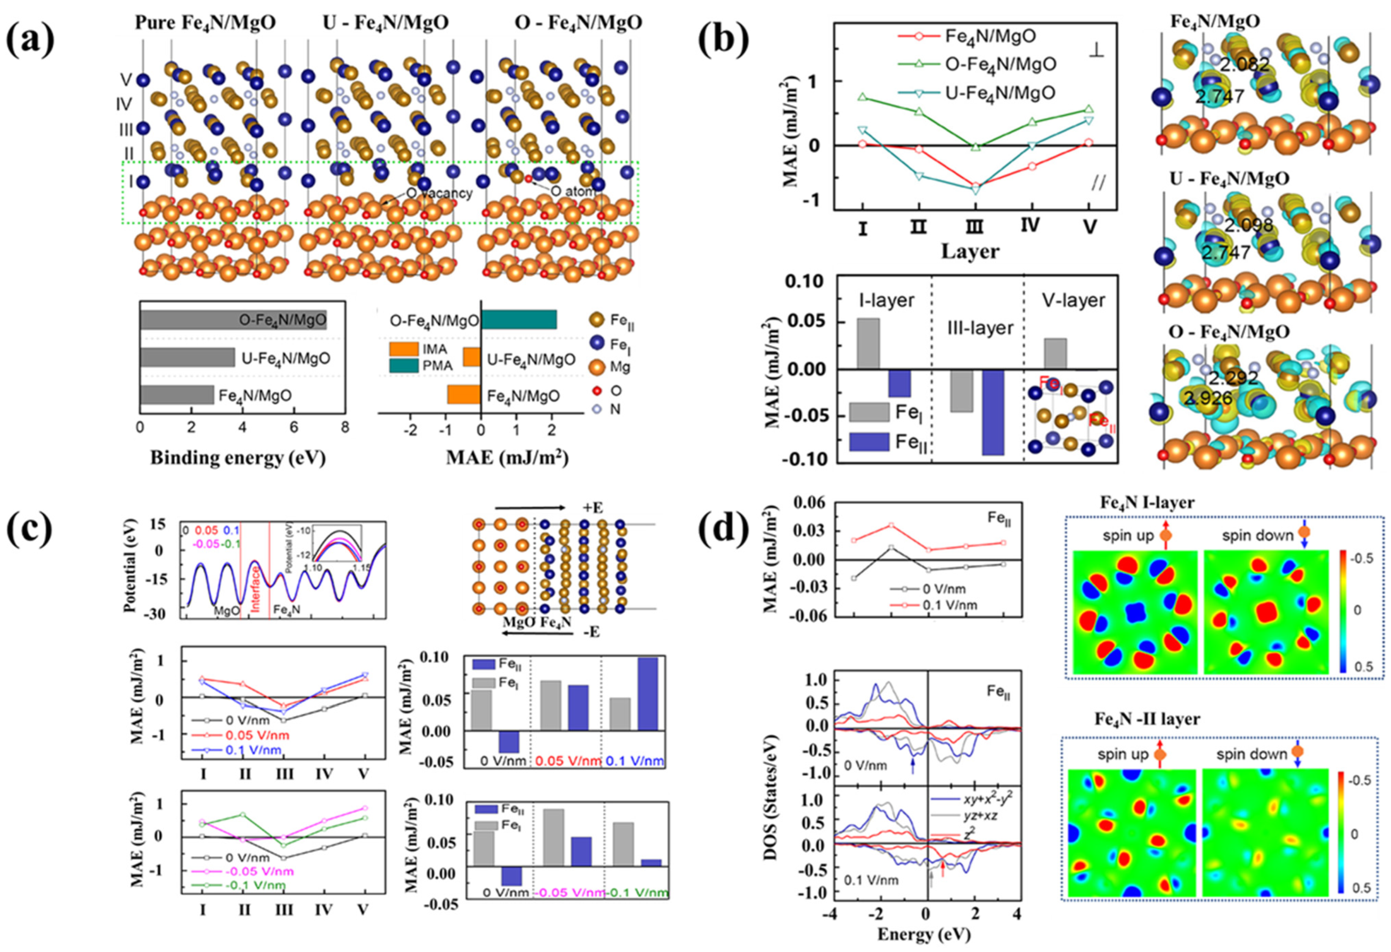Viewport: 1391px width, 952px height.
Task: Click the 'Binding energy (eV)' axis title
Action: pyautogui.click(x=238, y=458)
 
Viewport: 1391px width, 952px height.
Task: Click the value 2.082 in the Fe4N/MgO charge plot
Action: pyautogui.click(x=1244, y=64)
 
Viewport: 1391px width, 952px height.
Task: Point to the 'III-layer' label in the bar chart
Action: pyautogui.click(x=980, y=328)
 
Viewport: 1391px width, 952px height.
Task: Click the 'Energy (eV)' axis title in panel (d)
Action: pyautogui.click(x=924, y=934)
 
